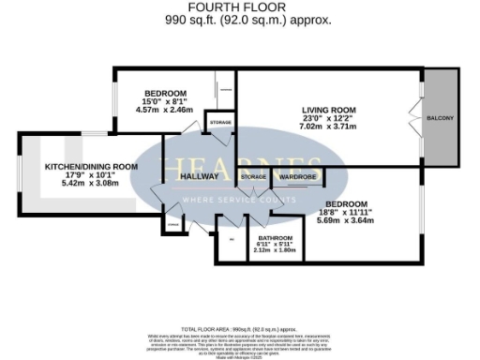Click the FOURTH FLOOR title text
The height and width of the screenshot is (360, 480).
(241, 7)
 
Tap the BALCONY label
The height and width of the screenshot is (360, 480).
(441, 118)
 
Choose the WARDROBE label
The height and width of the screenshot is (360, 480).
(296, 176)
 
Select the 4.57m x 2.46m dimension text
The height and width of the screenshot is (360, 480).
(165, 110)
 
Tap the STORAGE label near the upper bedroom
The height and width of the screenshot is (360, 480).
(220, 124)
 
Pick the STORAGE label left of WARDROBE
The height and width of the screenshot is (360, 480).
(253, 176)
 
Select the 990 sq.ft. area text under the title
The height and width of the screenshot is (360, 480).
(241, 19)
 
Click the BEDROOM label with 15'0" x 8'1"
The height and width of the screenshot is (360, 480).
(165, 93)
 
